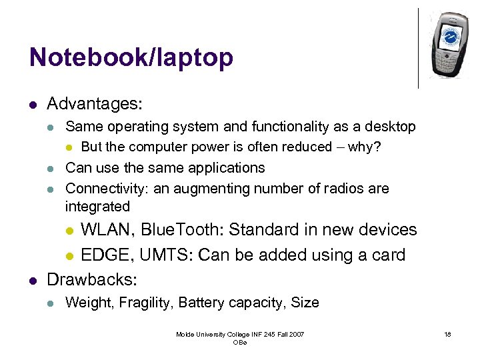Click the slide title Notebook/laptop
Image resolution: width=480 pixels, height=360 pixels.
point(131,57)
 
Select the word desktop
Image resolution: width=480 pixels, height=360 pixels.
point(390,127)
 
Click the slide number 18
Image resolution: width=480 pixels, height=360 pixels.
point(447,334)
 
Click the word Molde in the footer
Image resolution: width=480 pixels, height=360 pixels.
point(185,334)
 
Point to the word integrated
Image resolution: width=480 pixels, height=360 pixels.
point(97,207)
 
